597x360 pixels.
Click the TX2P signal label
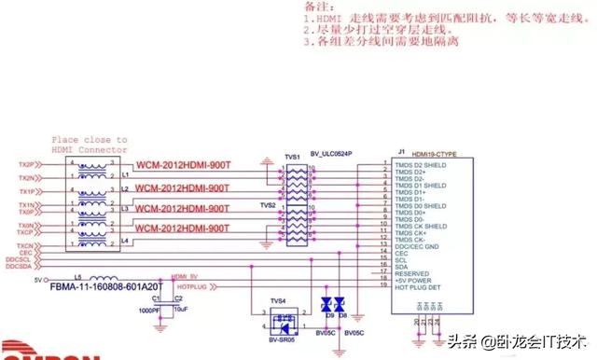tap(26, 163)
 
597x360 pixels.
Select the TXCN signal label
tap(26, 243)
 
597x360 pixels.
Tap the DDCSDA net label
tap(18, 266)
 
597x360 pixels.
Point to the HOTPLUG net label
tap(190, 287)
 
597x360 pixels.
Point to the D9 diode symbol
tap(327, 304)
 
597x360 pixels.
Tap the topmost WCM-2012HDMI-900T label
tap(182, 166)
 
